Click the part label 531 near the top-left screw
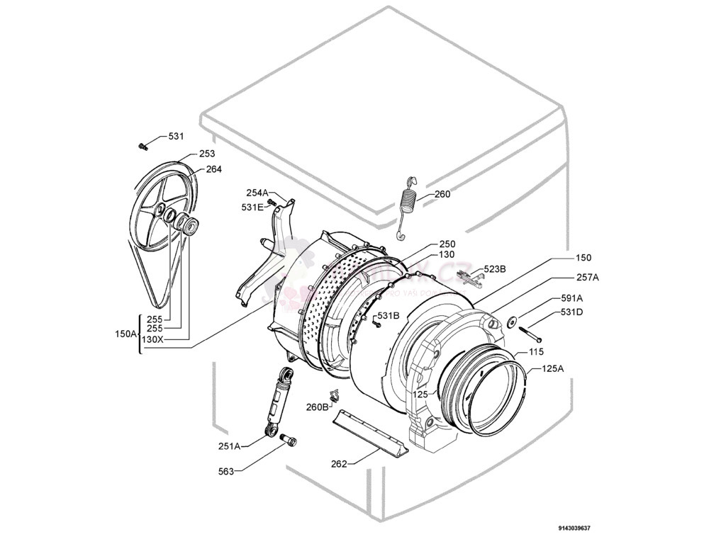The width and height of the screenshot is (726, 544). (x=176, y=136)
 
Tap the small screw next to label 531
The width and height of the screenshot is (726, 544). (x=143, y=146)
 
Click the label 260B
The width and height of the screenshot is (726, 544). (x=317, y=407)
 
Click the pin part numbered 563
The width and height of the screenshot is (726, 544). (x=289, y=441)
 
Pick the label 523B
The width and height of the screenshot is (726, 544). (x=495, y=269)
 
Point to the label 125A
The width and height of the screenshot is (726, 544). (x=553, y=368)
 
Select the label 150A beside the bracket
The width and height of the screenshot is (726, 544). (x=125, y=334)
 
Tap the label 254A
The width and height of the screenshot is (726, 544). (x=257, y=193)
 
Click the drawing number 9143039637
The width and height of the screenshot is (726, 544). (x=574, y=528)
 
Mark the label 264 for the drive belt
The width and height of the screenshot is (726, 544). (x=213, y=169)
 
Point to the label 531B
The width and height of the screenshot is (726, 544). (x=388, y=315)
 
